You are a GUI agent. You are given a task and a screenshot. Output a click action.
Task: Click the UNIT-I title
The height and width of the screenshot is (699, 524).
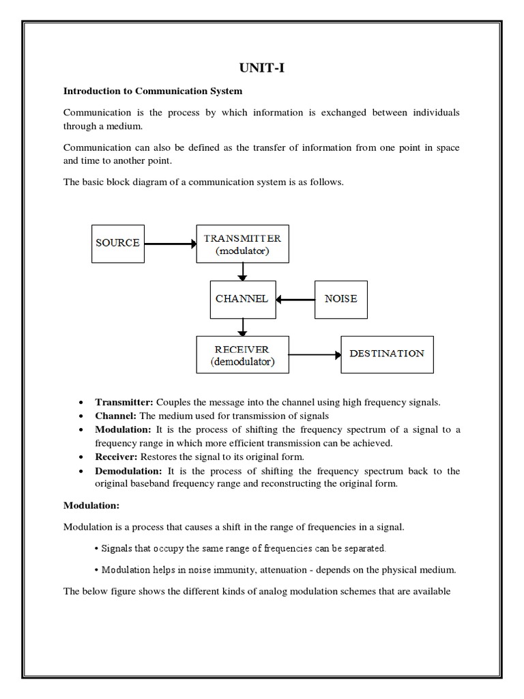tap(261, 67)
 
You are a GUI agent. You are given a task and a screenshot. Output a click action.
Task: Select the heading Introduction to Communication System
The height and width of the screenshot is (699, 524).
tap(153, 90)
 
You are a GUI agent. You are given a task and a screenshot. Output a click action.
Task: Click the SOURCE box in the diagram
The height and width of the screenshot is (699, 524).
tap(118, 242)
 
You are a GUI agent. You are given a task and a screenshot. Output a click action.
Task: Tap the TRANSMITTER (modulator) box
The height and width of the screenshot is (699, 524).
tap(242, 244)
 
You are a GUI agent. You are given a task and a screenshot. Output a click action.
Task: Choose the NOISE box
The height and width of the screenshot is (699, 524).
tap(340, 299)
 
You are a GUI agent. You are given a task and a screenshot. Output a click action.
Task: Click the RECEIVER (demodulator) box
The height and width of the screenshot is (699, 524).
tap(242, 355)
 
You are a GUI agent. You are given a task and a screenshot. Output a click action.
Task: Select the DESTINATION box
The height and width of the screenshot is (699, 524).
tap(386, 354)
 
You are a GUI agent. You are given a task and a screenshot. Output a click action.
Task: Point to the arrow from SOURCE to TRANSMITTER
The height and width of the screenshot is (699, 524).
tap(170, 242)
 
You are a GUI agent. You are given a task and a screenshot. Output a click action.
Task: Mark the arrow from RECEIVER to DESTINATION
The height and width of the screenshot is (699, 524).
tap(315, 354)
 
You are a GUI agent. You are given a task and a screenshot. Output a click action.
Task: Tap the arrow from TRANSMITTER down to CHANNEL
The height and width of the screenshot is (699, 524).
tap(242, 272)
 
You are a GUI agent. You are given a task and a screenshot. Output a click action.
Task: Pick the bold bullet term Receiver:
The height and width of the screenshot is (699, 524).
tap(117, 457)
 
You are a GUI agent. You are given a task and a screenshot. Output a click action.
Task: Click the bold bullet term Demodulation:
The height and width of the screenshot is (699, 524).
tap(129, 471)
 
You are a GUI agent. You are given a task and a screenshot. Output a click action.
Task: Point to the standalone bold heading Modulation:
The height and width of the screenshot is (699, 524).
tap(91, 506)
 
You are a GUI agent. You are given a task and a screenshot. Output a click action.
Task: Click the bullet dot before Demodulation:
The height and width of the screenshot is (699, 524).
tap(81, 472)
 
